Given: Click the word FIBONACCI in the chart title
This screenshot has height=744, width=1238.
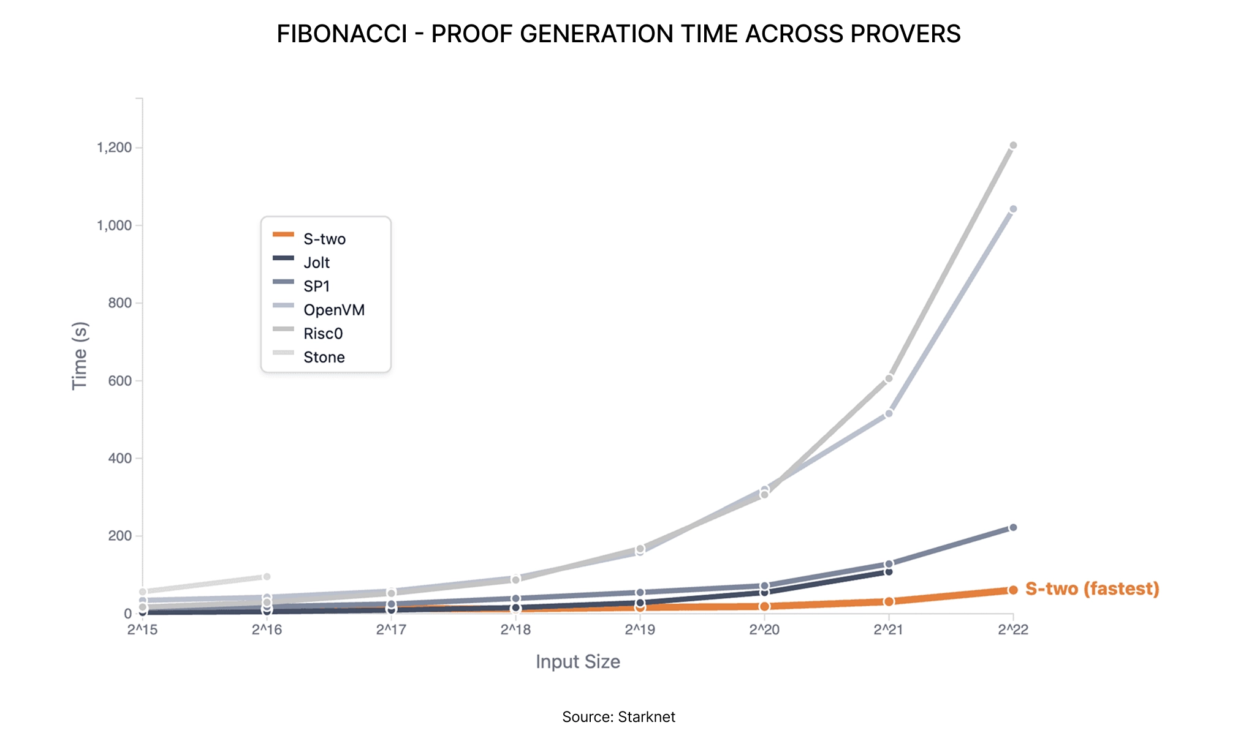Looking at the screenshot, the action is click(341, 34).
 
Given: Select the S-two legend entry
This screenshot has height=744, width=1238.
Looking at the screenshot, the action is click(309, 239).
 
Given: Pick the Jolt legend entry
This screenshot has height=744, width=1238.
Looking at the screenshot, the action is click(301, 262).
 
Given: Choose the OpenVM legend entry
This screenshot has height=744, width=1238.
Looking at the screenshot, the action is click(318, 310).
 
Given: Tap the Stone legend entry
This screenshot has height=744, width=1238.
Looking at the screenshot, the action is click(308, 357).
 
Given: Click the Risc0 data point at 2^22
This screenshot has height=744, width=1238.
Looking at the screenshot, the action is click(1013, 145).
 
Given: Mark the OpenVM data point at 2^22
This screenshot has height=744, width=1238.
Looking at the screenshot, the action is click(1013, 209).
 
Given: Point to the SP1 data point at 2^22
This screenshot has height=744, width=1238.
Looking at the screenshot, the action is click(1013, 527).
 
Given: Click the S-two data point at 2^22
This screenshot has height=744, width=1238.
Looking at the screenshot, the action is click(1013, 590).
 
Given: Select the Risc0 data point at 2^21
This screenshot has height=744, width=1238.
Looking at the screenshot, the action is click(889, 378).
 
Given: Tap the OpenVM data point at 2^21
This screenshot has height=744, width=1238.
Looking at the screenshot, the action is click(889, 413).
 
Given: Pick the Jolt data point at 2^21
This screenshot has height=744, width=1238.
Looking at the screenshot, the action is click(889, 571).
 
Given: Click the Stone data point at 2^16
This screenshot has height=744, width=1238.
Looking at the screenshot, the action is click(267, 577).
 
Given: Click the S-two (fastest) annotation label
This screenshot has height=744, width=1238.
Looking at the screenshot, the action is click(1092, 588).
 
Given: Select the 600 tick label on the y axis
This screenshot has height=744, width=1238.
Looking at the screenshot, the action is click(120, 380).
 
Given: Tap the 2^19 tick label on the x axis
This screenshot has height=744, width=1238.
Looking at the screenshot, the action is click(640, 629).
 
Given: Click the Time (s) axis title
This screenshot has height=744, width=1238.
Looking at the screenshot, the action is click(80, 356).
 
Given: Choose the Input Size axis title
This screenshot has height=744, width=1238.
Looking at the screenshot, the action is click(578, 662).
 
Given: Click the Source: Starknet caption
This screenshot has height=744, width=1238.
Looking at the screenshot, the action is click(618, 717).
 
